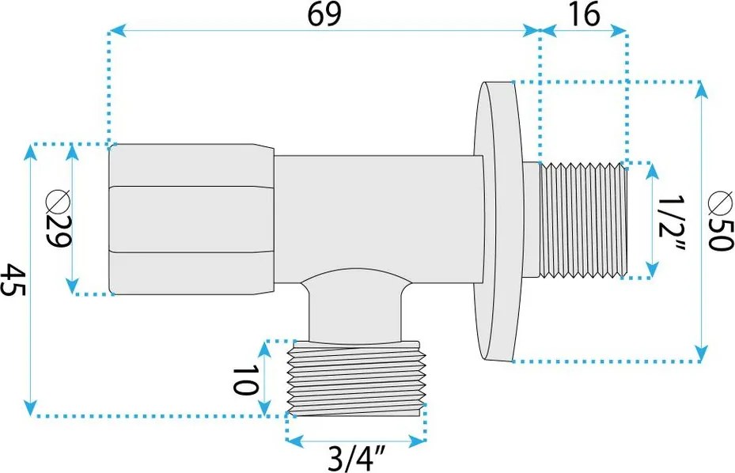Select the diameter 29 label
[58, 219]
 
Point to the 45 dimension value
[14, 280]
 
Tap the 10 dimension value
[245, 380]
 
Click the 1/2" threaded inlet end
[583, 221]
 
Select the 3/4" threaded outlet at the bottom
[357, 378]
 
